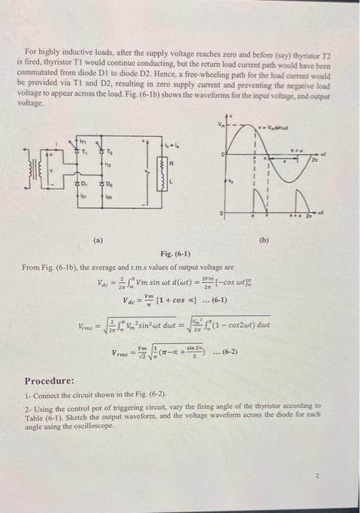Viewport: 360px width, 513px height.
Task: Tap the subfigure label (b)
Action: tap(283, 239)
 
